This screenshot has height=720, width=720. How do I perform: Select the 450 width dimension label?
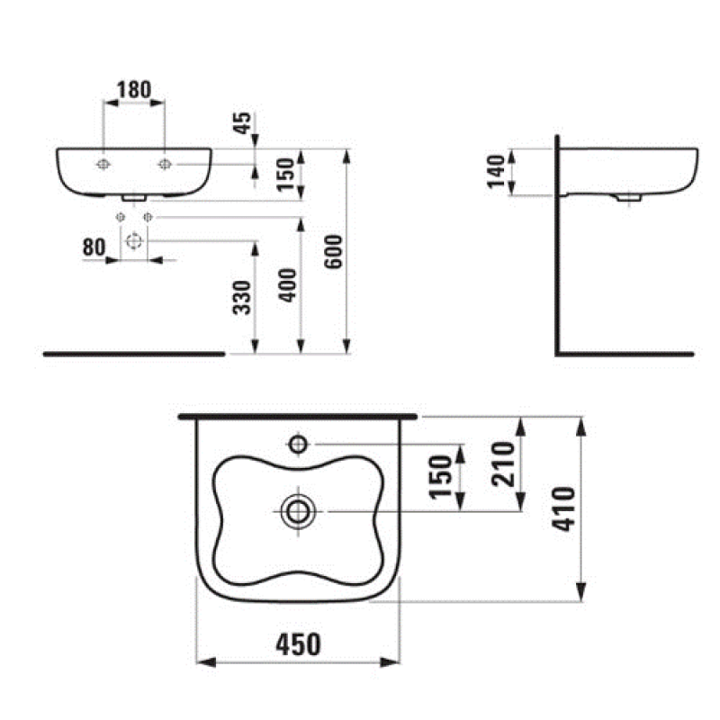298,644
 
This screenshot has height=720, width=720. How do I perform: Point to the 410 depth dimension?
565,508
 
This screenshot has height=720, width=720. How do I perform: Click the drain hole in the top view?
296,511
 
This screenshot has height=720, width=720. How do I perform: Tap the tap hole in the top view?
298,443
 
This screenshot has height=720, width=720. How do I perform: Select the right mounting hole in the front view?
165,164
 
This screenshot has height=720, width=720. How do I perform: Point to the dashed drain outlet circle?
134,240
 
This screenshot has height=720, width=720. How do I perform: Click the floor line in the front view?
133,354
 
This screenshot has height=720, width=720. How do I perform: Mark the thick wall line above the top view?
300,418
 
